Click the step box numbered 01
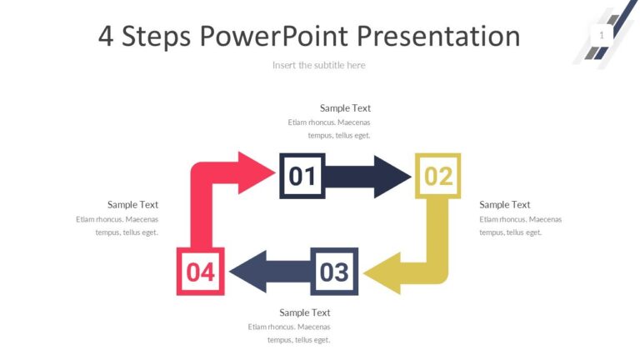pos(302,176)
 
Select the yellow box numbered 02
pos(437,176)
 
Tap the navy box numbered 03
pos(334,272)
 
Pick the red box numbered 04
pos(200,272)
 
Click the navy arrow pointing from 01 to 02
pos(366,176)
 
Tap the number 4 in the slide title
pos(106,36)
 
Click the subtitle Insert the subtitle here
pos(318,65)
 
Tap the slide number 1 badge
pos(601,35)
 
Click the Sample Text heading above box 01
pos(345,108)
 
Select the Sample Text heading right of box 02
pos(504,205)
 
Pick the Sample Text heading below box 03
pos(305,312)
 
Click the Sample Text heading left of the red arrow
pos(132,205)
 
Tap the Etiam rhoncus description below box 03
pos(289,332)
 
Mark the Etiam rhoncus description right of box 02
pos(520,226)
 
